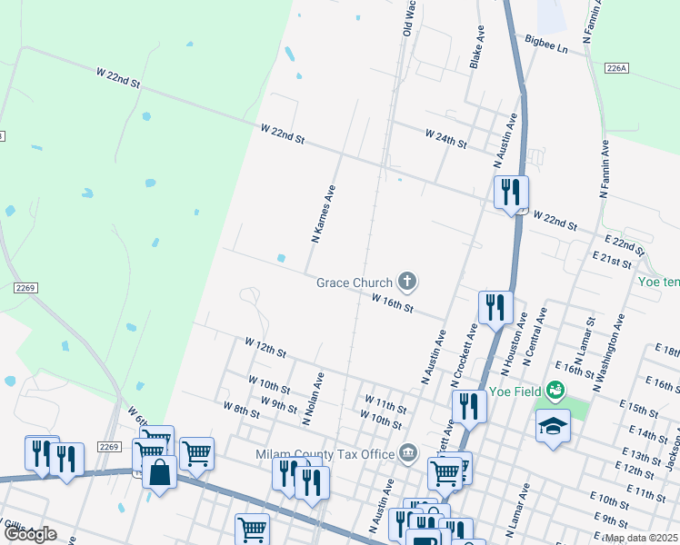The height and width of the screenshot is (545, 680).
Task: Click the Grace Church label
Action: [354, 282]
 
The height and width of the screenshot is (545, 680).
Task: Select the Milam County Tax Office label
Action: [335, 453]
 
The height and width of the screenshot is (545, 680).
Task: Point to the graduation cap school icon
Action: [552, 426]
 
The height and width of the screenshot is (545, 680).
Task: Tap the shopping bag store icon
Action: [159, 472]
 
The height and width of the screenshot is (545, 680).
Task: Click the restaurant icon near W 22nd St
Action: [510, 192]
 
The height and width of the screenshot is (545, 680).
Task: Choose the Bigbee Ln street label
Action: [546, 43]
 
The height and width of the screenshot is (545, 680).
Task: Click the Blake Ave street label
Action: [476, 46]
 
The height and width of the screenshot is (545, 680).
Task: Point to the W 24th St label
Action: [445, 138]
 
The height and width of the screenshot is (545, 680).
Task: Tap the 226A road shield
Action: [616, 68]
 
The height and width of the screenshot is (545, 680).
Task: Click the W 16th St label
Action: [393, 302]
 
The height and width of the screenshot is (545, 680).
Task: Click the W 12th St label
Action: [265, 347]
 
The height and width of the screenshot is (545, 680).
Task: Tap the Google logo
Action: [29, 534]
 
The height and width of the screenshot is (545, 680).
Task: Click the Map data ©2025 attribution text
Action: [641, 538]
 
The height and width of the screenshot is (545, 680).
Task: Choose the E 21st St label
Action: [611, 262]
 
